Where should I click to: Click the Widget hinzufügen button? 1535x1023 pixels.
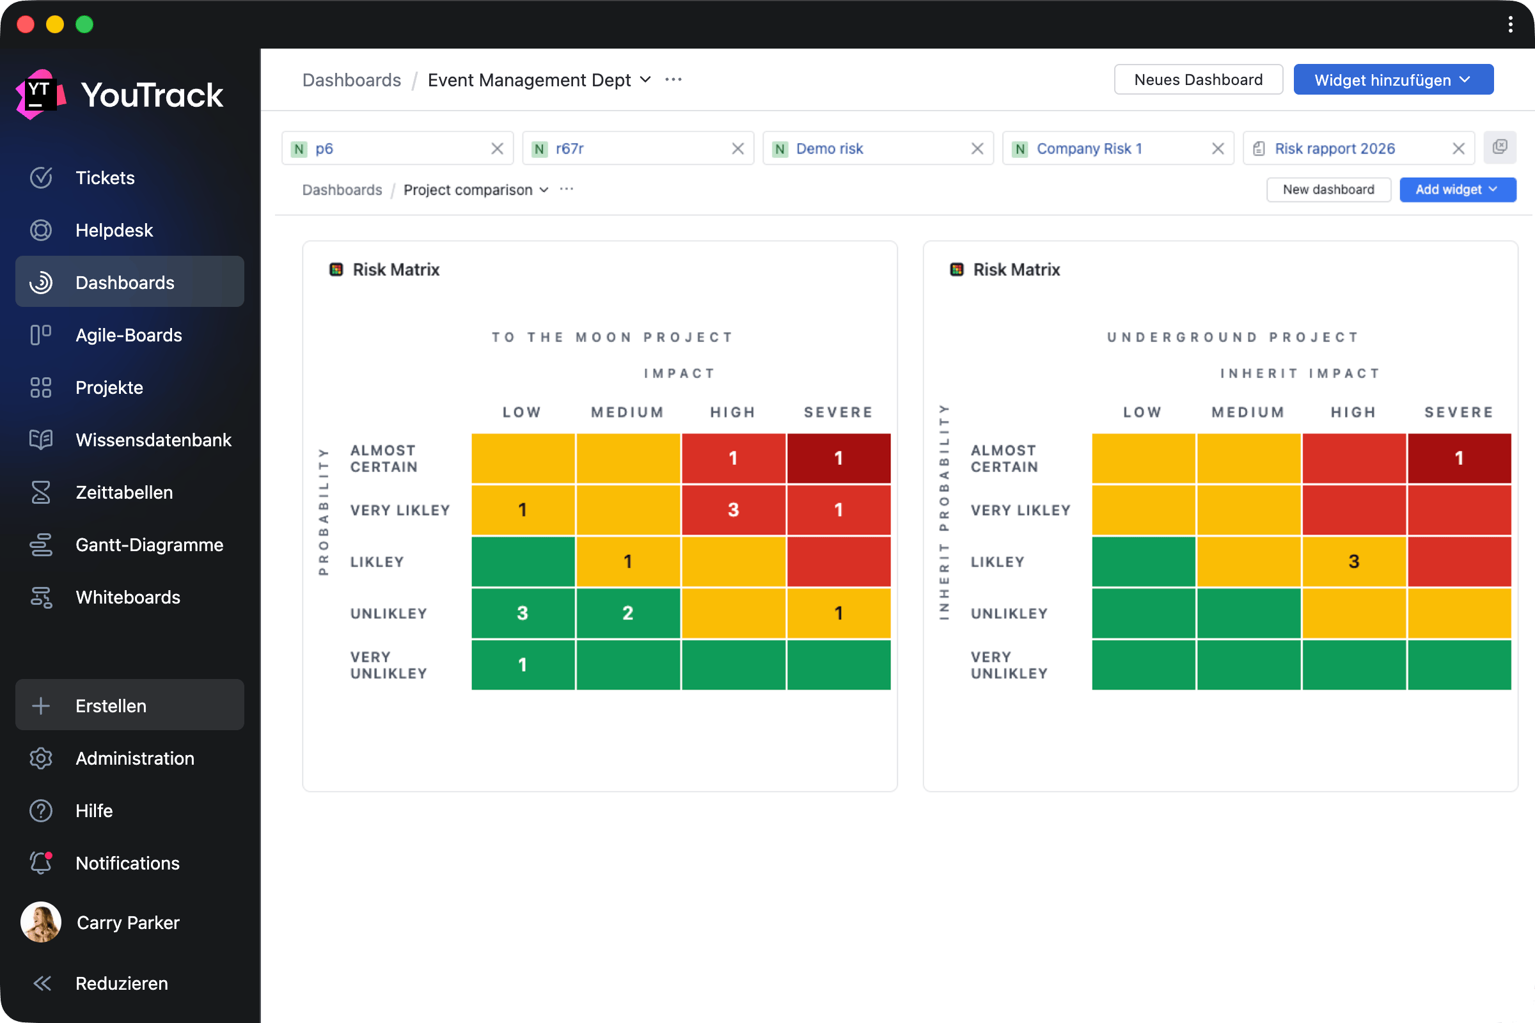pyautogui.click(x=1393, y=79)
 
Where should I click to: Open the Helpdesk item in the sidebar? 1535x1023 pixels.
pyautogui.click(x=114, y=230)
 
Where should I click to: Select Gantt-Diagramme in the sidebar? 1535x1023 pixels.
pyautogui.click(x=149, y=545)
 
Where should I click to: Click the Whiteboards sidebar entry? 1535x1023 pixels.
pyautogui.click(x=127, y=597)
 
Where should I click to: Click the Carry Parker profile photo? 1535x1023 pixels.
pyautogui.click(x=41, y=922)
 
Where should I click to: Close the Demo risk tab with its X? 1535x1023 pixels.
pyautogui.click(x=977, y=149)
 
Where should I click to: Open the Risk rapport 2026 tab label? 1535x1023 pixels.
pyautogui.click(x=1335, y=149)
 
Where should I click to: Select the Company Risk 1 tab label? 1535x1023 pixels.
pyautogui.click(x=1089, y=149)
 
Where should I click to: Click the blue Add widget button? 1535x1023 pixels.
pyautogui.click(x=1457, y=190)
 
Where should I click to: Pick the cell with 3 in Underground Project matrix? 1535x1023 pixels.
pyautogui.click(x=1353, y=561)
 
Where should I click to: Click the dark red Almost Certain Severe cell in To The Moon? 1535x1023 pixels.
pyautogui.click(x=838, y=458)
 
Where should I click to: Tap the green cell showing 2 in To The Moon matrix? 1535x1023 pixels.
pyautogui.click(x=628, y=613)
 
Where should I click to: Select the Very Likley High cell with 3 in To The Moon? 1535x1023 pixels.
pyautogui.click(x=733, y=510)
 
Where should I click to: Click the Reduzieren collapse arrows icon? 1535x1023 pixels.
pyautogui.click(x=42, y=983)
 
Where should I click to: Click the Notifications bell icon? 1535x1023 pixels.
pyautogui.click(x=41, y=863)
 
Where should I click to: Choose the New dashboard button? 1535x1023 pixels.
pyautogui.click(x=1328, y=190)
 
